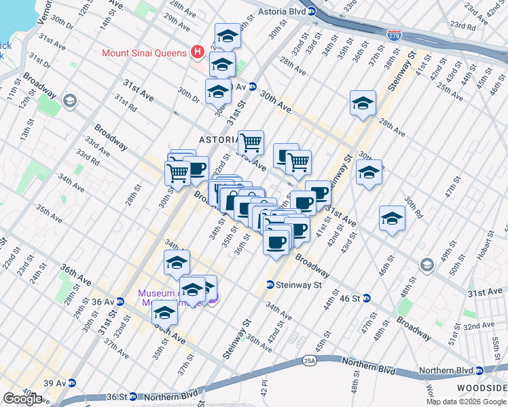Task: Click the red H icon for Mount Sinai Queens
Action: pyautogui.click(x=197, y=52)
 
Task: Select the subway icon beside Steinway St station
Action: pyautogui.click(x=270, y=286)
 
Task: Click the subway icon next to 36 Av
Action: pyautogui.click(x=120, y=302)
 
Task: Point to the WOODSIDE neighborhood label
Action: pyautogui.click(x=483, y=387)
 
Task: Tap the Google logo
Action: pyautogui.click(x=22, y=399)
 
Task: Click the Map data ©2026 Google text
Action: pyautogui.click(x=466, y=402)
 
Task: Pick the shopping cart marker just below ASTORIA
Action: pyautogui.click(x=251, y=143)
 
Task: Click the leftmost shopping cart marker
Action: pyautogui.click(x=178, y=172)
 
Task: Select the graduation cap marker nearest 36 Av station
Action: pyautogui.click(x=164, y=313)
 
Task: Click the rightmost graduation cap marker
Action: pyautogui.click(x=393, y=218)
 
